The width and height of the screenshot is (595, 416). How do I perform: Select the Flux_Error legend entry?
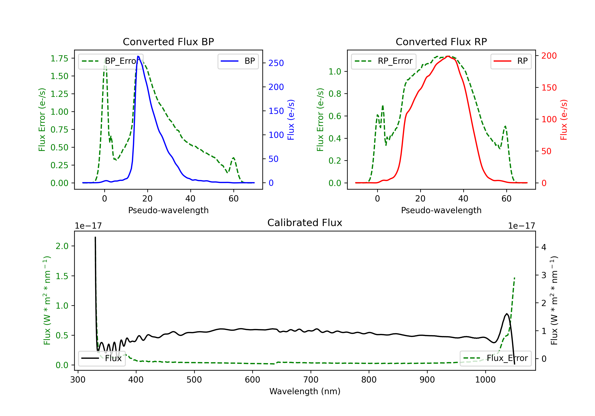(x=495, y=358)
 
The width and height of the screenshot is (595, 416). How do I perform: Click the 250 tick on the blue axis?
(x=276, y=63)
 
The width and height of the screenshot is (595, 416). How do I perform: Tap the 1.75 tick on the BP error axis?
(x=59, y=58)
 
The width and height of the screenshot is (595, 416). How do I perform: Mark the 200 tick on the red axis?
(x=549, y=56)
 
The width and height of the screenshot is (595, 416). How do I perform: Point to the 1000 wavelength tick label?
(x=485, y=380)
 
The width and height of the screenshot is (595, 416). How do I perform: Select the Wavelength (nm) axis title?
(x=305, y=391)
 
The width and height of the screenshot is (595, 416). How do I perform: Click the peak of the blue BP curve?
(x=138, y=56)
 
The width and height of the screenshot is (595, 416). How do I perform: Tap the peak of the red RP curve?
(x=448, y=56)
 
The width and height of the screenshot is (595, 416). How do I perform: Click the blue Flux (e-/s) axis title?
(x=291, y=120)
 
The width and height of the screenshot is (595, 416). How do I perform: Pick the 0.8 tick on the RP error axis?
(x=335, y=94)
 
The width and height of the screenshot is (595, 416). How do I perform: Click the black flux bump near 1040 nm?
(x=507, y=314)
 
